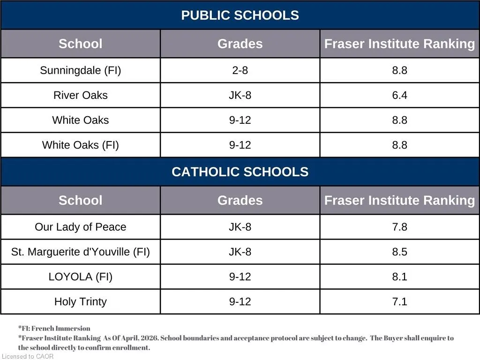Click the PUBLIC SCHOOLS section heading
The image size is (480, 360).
(x=240, y=15)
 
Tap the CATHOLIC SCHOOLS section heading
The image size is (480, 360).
(x=240, y=172)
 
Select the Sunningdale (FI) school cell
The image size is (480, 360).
(x=81, y=70)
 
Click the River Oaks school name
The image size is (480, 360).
(x=81, y=95)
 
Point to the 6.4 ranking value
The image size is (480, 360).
(x=399, y=95)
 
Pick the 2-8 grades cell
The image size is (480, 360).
(x=240, y=70)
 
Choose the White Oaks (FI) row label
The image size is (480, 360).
(x=81, y=145)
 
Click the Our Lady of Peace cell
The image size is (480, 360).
(x=81, y=227)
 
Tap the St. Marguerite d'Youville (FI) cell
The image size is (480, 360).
(x=81, y=252)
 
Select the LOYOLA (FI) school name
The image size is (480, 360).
(x=81, y=277)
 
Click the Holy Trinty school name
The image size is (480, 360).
(x=81, y=301)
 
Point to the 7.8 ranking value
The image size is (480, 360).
(x=399, y=227)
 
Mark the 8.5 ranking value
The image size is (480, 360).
(x=399, y=252)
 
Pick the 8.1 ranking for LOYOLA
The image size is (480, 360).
(x=399, y=277)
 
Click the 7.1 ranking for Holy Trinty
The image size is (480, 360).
(x=399, y=301)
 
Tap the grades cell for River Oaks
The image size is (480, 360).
(x=240, y=95)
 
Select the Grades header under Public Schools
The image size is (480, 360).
(x=240, y=44)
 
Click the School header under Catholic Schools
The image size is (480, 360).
(x=81, y=200)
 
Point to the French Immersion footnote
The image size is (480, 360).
(x=54, y=329)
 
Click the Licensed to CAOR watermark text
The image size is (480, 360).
(x=28, y=356)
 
